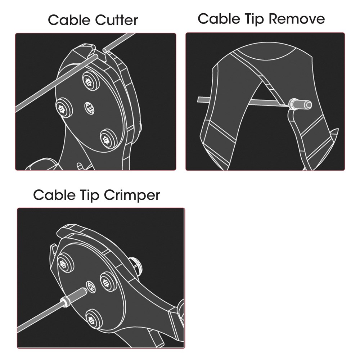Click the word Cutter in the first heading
pyautogui.click(x=116, y=20)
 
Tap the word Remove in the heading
pyautogui.click(x=297, y=19)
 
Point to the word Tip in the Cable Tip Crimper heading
pyautogui.click(x=90, y=195)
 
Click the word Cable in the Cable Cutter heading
pyautogui.click(x=69, y=20)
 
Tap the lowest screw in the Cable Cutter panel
pyautogui.click(x=109, y=139)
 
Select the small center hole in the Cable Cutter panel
pyautogui.click(x=89, y=108)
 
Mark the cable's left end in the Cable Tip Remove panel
pyautogui.click(x=198, y=100)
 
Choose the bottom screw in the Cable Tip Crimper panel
pyautogui.click(x=94, y=319)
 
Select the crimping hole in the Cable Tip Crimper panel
pyautogui.click(x=91, y=286)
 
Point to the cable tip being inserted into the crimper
pyautogui.click(x=73, y=298)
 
